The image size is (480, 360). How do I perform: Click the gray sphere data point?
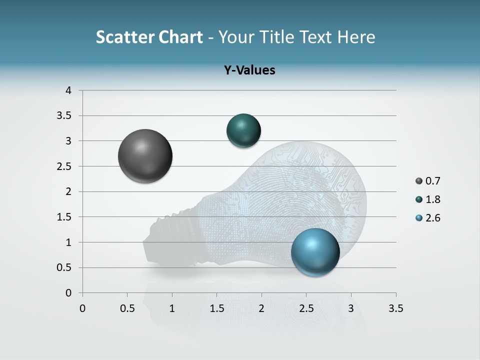click(145, 156)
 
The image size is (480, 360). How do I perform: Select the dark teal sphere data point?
click(243, 130)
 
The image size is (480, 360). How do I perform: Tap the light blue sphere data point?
click(315, 252)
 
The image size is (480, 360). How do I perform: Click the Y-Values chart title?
click(249, 70)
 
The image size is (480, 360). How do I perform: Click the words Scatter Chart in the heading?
click(149, 37)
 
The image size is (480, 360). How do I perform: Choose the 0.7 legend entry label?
click(433, 181)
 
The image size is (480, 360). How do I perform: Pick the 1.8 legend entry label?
click(433, 199)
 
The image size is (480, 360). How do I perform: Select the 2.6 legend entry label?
click(433, 218)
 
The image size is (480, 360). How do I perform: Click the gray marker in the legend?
click(419, 181)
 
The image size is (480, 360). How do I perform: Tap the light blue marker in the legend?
click(419, 218)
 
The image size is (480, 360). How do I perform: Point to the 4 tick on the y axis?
click(68, 90)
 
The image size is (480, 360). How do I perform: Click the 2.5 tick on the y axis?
click(64, 166)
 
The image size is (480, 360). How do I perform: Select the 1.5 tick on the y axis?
click(64, 217)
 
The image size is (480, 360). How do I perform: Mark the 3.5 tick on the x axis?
click(395, 308)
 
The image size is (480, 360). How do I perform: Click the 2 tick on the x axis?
click(261, 308)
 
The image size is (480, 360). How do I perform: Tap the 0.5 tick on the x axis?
click(127, 308)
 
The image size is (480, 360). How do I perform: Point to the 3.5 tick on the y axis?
click(64, 116)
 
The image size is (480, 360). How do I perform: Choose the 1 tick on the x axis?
click(172, 308)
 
